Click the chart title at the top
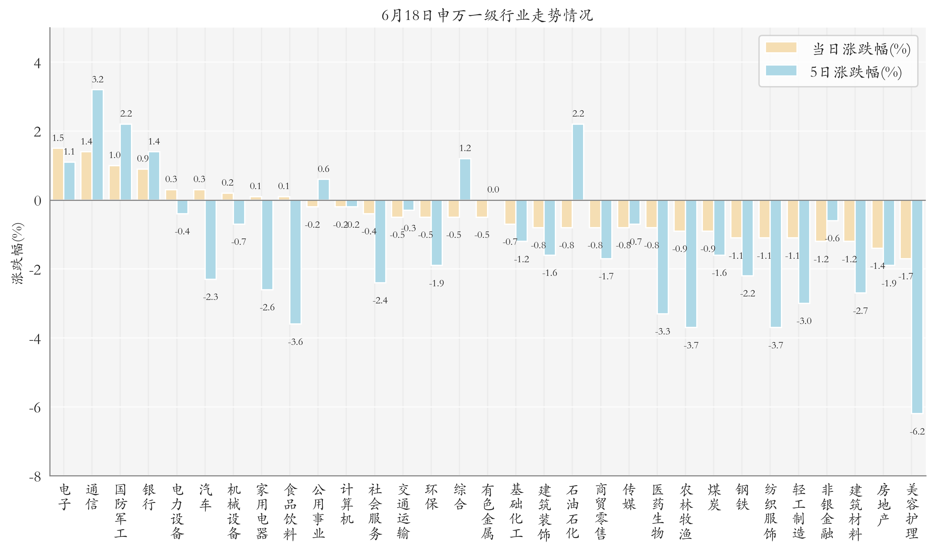pos(487,15)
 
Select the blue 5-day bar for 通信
pos(98,145)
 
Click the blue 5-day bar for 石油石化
pos(578,162)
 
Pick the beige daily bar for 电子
pos(58,174)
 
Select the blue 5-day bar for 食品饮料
pos(295,262)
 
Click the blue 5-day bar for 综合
pos(465,179)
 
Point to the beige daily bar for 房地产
pos(877,224)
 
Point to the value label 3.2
pos(98,79)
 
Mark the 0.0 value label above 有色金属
pos(493,190)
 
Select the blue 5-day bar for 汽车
pos(211,239)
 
